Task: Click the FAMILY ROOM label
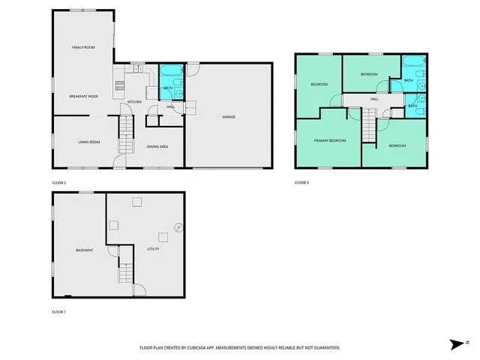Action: (82, 47)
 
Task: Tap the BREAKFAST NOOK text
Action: (83, 97)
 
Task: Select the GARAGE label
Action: (229, 117)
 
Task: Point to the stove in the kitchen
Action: (118, 85)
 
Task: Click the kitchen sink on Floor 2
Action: (138, 69)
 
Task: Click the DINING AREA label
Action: (157, 146)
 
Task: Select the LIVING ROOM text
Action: (88, 142)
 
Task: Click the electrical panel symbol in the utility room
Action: (178, 227)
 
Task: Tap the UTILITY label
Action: (153, 249)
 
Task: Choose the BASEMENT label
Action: (84, 250)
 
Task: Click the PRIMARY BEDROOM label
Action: (330, 140)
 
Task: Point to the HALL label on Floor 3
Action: (373, 98)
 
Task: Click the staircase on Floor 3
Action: (368, 125)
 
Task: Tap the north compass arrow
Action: (457, 344)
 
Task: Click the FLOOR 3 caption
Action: (301, 182)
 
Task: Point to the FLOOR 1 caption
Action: (58, 311)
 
